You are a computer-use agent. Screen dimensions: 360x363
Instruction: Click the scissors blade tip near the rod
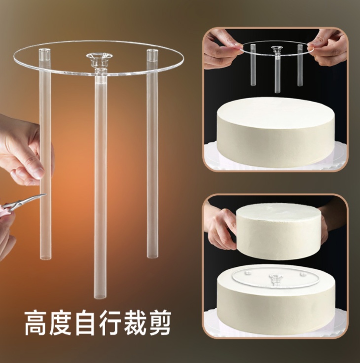point(46,195)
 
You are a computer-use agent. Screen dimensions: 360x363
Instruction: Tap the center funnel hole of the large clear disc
point(99,57)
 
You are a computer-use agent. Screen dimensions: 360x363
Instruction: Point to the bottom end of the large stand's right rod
point(152,256)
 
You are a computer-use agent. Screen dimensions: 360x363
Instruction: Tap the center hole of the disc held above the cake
point(277,48)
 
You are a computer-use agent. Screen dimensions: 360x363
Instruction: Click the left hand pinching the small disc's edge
point(223,49)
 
